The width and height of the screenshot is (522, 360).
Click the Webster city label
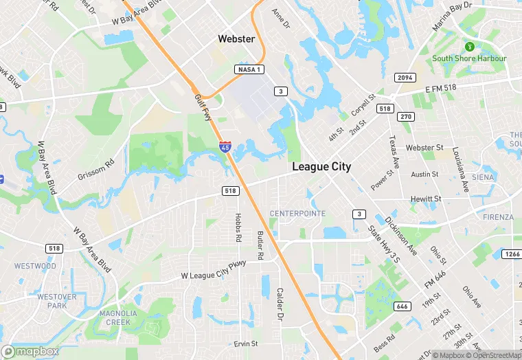tap(236, 39)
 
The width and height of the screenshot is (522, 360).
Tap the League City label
tap(321, 167)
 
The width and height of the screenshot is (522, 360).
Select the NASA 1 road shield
tap(249, 70)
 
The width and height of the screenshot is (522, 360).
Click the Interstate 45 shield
tap(225, 146)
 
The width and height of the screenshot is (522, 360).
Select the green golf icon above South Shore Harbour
tap(470, 47)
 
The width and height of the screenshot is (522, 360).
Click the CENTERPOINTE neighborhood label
tap(297, 214)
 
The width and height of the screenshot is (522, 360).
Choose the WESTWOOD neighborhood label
tap(35, 266)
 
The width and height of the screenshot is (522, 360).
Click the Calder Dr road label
tap(280, 304)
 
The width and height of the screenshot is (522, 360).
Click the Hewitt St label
tap(426, 199)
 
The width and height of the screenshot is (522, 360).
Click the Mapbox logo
tap(30, 351)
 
